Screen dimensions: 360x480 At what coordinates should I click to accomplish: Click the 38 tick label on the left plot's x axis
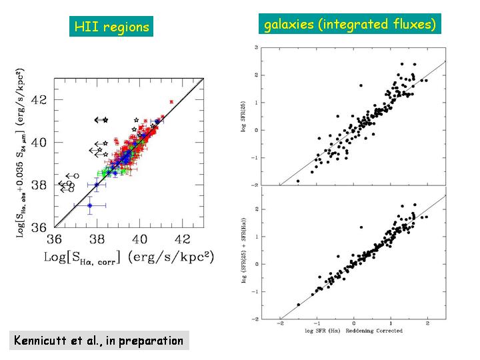pos(97,239)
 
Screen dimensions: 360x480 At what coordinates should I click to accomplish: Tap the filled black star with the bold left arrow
pos(105,120)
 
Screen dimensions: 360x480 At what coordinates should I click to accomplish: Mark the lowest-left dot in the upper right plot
pos(298,181)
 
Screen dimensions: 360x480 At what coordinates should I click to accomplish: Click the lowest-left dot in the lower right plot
pos(298,304)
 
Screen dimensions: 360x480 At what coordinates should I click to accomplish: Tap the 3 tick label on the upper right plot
pos(257,47)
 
